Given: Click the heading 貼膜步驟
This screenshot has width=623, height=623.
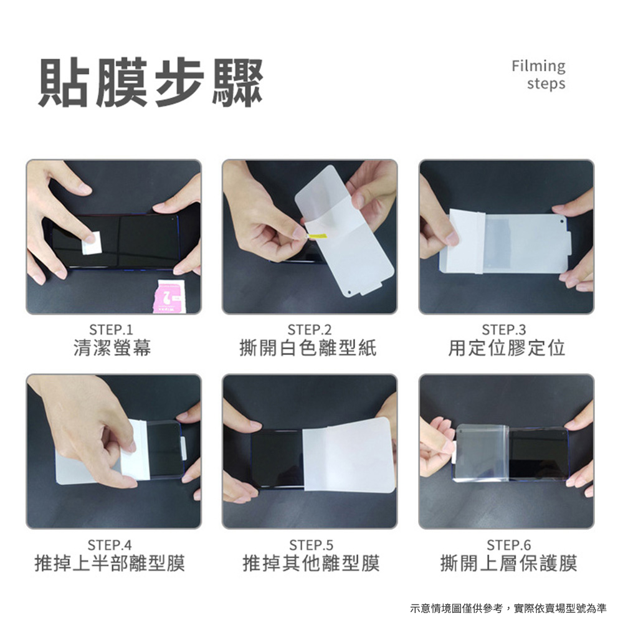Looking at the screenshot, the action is point(151,83).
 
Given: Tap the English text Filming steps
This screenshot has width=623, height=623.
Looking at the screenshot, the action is point(539,75).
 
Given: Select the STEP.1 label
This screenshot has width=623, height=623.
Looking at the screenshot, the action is point(112,330).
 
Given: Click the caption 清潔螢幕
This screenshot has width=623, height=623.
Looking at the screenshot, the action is point(112,348).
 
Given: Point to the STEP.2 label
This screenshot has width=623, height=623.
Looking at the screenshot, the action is point(310,330).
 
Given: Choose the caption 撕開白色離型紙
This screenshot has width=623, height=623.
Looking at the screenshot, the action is point(308,348).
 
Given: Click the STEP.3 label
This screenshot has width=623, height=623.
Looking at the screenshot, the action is point(504,330).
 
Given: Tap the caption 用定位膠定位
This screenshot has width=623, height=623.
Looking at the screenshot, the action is point(506,348).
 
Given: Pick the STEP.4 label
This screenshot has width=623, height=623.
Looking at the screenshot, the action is point(110,545).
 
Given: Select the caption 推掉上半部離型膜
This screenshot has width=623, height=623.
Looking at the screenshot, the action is point(110,563).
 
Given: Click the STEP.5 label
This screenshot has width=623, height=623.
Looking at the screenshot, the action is point(311,545).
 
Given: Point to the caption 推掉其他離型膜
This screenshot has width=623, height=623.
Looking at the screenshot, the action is point(311,563).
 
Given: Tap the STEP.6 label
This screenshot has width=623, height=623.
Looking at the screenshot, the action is point(509,545).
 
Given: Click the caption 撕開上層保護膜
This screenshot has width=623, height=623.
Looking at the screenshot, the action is point(509,563).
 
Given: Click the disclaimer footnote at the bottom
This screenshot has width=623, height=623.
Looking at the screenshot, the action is point(508,608).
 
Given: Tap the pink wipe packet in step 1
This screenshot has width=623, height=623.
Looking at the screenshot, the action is point(168,297).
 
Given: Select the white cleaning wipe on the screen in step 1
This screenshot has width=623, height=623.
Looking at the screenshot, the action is point(92,242).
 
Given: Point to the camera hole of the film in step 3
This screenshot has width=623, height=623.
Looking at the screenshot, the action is point(561,221).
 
